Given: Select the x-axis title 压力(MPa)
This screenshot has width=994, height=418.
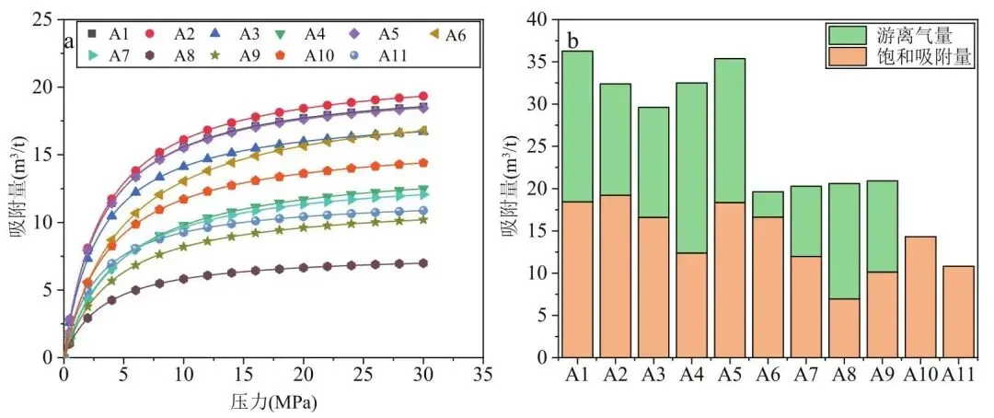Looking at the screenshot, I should pos(272,401).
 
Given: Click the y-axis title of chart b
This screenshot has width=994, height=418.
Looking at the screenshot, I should pos(509,188).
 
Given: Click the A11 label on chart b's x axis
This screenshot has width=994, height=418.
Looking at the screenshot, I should pos(957,377).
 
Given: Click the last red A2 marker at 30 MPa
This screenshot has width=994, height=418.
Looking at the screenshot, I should pos(423,96).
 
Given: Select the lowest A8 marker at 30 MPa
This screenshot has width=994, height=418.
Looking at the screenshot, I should pos(423,263).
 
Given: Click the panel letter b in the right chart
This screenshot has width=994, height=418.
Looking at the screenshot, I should pos(573,41).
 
